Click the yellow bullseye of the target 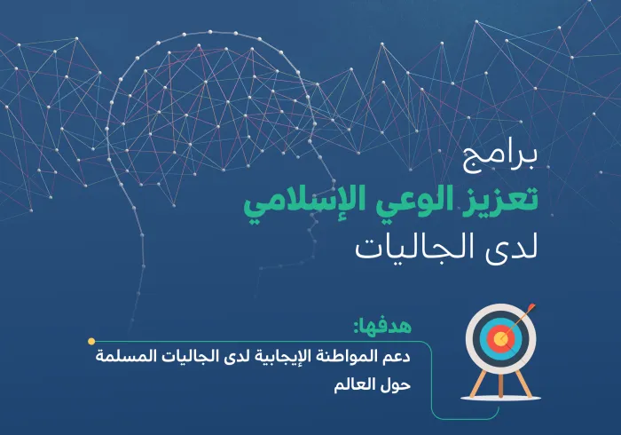click(x=501, y=339)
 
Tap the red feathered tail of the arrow click(x=530, y=310)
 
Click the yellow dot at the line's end click(x=91, y=341)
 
